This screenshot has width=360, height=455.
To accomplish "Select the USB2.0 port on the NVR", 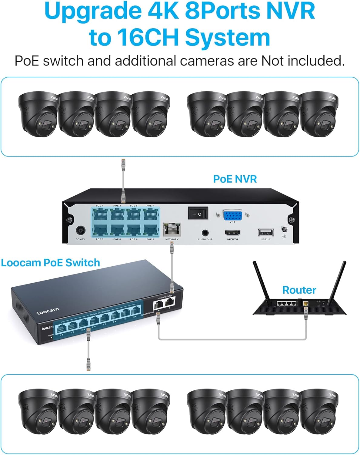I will click(x=265, y=232).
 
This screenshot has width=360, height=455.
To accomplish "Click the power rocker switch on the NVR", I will click(x=198, y=213).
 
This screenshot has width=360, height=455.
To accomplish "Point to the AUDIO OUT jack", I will click(x=205, y=233).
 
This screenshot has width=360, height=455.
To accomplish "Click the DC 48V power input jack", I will click(x=81, y=231).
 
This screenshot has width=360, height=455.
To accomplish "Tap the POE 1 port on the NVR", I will click(x=100, y=215).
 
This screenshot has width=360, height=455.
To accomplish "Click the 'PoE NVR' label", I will click(x=235, y=179).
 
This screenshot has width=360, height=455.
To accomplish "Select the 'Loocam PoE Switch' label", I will click(x=50, y=263).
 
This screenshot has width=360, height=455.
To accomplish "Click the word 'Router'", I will click(x=299, y=290).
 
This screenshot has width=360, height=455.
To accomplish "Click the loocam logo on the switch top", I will click(x=48, y=311).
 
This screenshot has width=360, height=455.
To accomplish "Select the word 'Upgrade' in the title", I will click(x=93, y=11).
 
